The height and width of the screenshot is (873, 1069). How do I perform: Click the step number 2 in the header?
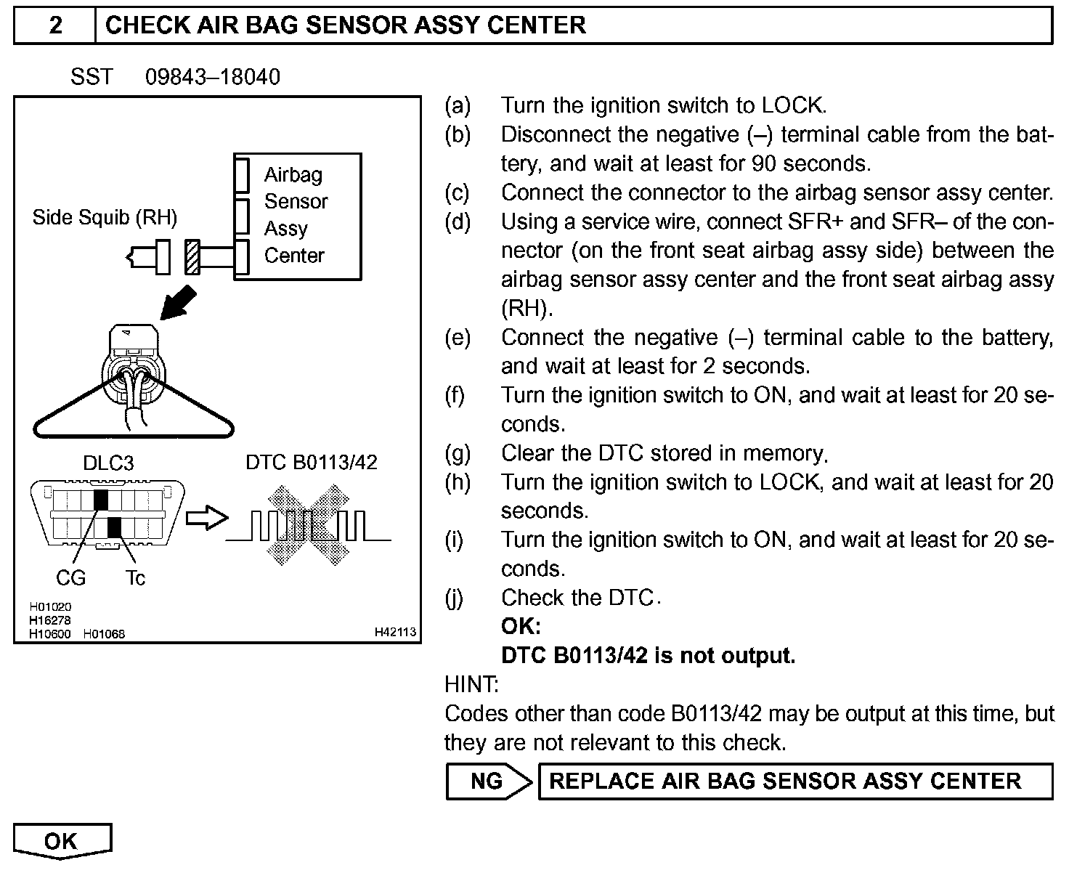click(55, 25)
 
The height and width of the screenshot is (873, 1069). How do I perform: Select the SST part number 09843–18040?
click(212, 77)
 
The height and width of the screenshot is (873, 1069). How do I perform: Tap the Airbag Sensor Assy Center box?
click(298, 216)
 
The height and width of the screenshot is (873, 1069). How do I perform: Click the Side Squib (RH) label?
click(105, 217)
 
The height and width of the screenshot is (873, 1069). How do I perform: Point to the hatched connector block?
click(192, 257)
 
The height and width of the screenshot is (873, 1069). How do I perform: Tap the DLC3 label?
click(108, 463)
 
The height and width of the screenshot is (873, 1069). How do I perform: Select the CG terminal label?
click(70, 578)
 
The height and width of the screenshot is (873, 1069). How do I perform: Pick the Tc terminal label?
click(135, 578)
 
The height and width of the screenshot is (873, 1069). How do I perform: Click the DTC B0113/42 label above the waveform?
click(312, 463)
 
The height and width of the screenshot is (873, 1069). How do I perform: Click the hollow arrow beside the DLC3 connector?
click(206, 519)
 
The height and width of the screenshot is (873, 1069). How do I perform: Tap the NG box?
click(487, 781)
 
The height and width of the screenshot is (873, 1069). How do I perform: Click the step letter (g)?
click(458, 453)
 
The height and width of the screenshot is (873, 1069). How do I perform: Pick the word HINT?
click(471, 684)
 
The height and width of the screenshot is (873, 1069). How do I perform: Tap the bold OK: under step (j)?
click(521, 626)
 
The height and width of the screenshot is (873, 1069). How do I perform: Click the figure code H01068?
click(104, 633)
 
